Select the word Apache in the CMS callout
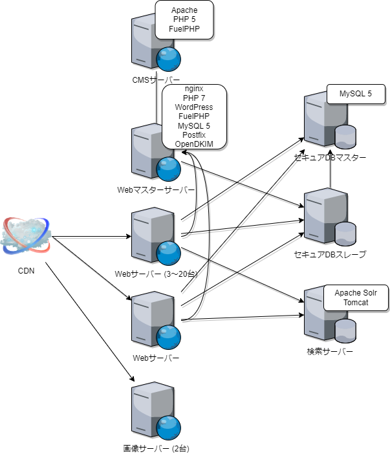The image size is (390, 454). (x=184, y=10)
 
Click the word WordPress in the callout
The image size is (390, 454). (x=194, y=107)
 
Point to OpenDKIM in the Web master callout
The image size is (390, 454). (x=194, y=143)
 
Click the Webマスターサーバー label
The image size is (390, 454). (x=156, y=190)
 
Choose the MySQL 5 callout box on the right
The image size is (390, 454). (x=356, y=94)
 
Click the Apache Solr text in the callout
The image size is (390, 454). (x=355, y=293)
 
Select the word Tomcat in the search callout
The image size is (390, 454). (x=355, y=303)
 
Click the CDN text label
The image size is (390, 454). (x=26, y=271)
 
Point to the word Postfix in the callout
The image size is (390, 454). (x=194, y=134)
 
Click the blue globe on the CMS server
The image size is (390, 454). (x=168, y=59)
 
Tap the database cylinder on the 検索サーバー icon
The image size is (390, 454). (x=345, y=329)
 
